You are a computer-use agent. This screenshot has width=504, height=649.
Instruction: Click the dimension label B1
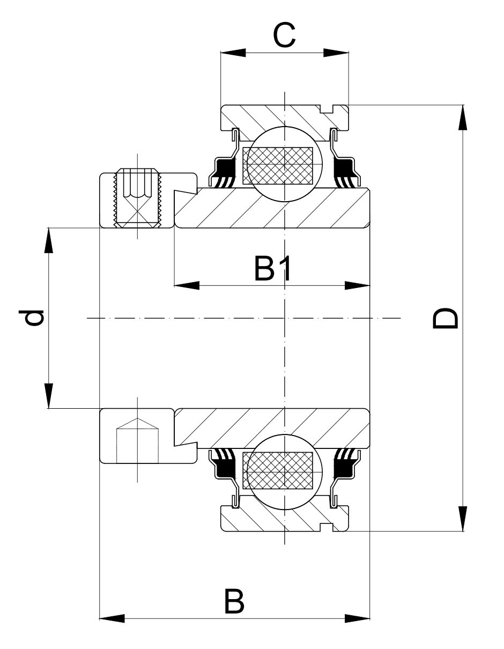point(273,269)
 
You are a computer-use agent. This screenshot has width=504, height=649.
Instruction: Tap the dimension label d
point(34,318)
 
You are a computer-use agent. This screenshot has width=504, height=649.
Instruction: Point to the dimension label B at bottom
point(234,602)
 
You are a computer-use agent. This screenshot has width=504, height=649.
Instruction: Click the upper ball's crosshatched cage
point(278,165)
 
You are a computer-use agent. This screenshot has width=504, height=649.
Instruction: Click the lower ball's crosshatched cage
point(278,470)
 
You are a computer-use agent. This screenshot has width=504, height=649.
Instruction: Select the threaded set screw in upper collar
point(138,198)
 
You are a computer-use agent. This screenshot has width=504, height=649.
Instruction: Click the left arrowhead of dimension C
point(232,53)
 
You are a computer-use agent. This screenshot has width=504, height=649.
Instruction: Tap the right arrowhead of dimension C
point(336,53)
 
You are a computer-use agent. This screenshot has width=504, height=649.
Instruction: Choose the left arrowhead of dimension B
point(112,618)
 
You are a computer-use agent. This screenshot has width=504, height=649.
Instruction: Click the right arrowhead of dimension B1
point(358,285)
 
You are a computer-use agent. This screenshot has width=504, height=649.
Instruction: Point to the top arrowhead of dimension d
point(49,241)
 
